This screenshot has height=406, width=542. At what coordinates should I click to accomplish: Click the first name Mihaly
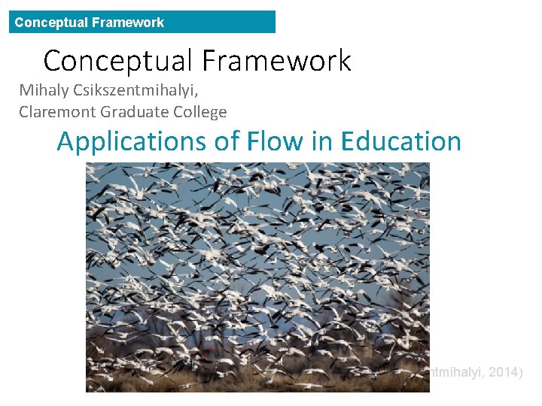point(43,91)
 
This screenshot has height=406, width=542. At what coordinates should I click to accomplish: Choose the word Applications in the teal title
point(135,141)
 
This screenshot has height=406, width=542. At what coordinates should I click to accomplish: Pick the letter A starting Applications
point(66,141)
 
